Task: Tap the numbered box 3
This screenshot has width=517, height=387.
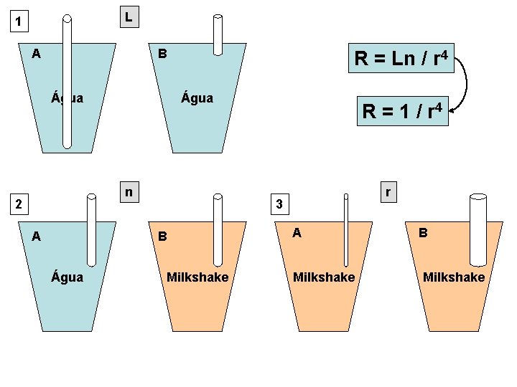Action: coord(280,204)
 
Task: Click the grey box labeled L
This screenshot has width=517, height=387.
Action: coord(128,16)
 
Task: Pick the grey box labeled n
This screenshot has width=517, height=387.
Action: coord(129,192)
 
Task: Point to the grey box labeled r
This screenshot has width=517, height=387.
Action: coord(388,192)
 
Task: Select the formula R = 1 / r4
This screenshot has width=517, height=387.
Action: coord(403,111)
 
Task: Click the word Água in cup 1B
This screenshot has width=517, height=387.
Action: coord(197,98)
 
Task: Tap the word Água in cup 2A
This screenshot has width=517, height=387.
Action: coord(67,277)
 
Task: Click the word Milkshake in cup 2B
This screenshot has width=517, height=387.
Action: coord(197,277)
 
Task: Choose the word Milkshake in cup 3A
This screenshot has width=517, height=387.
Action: coord(324,277)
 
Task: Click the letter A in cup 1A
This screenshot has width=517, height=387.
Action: coord(36,53)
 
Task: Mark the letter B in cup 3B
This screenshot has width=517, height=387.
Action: coord(424,232)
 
